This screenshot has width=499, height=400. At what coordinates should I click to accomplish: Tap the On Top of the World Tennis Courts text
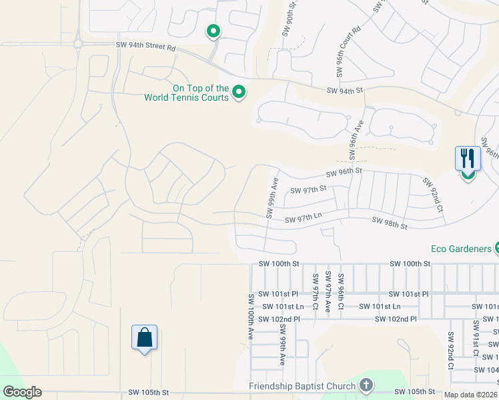tap(186, 93)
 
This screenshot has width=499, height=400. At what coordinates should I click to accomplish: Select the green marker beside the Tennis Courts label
tap(238, 93)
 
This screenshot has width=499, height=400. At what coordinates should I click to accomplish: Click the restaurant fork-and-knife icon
tap(468, 159)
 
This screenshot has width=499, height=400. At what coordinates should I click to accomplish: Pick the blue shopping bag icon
tap(144, 338)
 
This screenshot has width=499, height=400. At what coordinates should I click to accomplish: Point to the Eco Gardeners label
tap(460, 249)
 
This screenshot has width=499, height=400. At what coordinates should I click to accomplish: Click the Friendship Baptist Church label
tap(302, 386)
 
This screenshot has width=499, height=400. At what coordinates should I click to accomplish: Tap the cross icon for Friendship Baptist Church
tap(366, 385)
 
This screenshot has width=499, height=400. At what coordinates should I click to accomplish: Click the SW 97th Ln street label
tap(304, 219)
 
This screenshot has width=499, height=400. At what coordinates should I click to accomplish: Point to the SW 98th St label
tap(390, 223)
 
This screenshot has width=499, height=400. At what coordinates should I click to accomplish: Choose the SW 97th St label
tap(309, 190)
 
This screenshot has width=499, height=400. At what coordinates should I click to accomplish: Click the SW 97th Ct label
tap(314, 292)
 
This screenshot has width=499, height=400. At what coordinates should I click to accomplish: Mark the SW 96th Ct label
tap(341, 292)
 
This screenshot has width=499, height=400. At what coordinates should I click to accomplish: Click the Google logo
tap(22, 391)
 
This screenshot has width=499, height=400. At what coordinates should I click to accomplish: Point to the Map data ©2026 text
tap(470, 395)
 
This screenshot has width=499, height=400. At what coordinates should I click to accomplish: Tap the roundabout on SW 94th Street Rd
tap(78, 44)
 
